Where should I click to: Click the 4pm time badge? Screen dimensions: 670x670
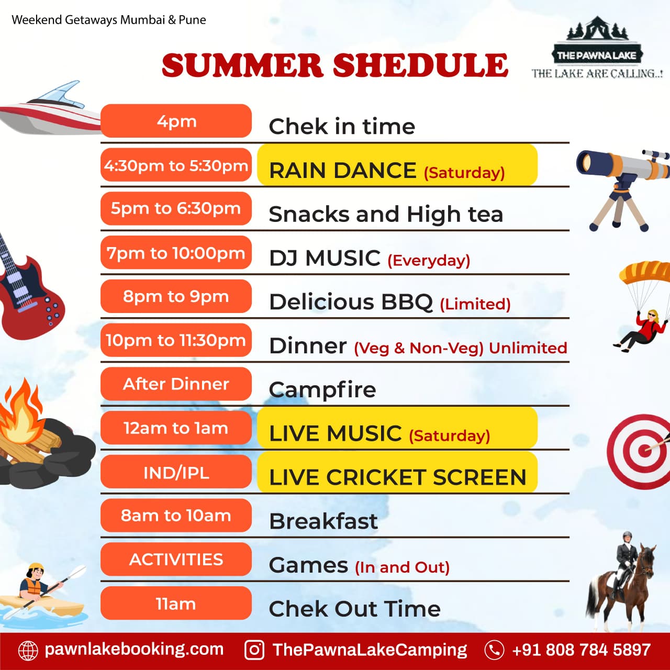pyautogui.click(x=176, y=121)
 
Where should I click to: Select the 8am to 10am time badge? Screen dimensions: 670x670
pyautogui.click(x=176, y=515)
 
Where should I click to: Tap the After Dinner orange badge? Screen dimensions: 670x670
pyautogui.click(x=176, y=384)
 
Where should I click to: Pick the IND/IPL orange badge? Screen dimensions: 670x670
pyautogui.click(x=176, y=472)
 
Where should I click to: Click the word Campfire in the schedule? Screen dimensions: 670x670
pyautogui.click(x=322, y=390)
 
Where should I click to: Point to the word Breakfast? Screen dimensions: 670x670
pyautogui.click(x=323, y=521)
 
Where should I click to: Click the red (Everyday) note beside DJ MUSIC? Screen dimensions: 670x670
pyautogui.click(x=429, y=261)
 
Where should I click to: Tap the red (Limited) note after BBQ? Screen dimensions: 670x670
pyautogui.click(x=475, y=304)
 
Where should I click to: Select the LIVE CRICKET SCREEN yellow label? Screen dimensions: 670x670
pyautogui.click(x=397, y=472)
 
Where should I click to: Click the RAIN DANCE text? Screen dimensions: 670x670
pyautogui.click(x=342, y=170)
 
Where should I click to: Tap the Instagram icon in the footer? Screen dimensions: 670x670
pyautogui.click(x=254, y=650)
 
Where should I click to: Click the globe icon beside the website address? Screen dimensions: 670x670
pyautogui.click(x=28, y=650)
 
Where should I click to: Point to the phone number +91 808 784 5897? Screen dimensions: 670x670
pyautogui.click(x=582, y=650)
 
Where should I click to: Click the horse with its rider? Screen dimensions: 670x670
pyautogui.click(x=621, y=580)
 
